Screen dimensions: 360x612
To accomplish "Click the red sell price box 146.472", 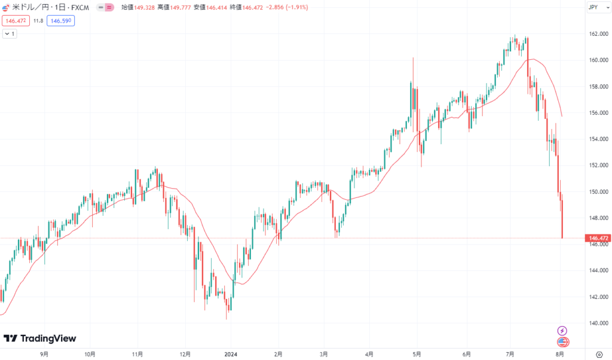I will pyautogui.click(x=14, y=20).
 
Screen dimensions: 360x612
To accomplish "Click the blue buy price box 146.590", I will pyautogui.click(x=60, y=20).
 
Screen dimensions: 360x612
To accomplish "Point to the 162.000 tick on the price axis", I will pyautogui.click(x=598, y=33).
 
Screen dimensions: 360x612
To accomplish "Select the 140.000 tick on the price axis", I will pyautogui.click(x=598, y=323).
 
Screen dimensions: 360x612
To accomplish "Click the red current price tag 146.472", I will pyautogui.click(x=598, y=238).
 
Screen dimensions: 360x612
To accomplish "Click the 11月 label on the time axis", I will pyautogui.click(x=137, y=354).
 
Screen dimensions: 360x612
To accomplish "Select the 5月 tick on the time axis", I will pyautogui.click(x=416, y=354).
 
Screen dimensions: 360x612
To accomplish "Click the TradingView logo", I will pyautogui.click(x=40, y=338).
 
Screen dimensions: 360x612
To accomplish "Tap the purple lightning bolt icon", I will pyautogui.click(x=562, y=330).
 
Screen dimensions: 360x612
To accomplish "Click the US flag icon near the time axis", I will pyautogui.click(x=562, y=342).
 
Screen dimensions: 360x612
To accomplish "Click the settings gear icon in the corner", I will pyautogui.click(x=598, y=354).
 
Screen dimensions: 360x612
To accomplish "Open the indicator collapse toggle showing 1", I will pyautogui.click(x=10, y=34).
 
